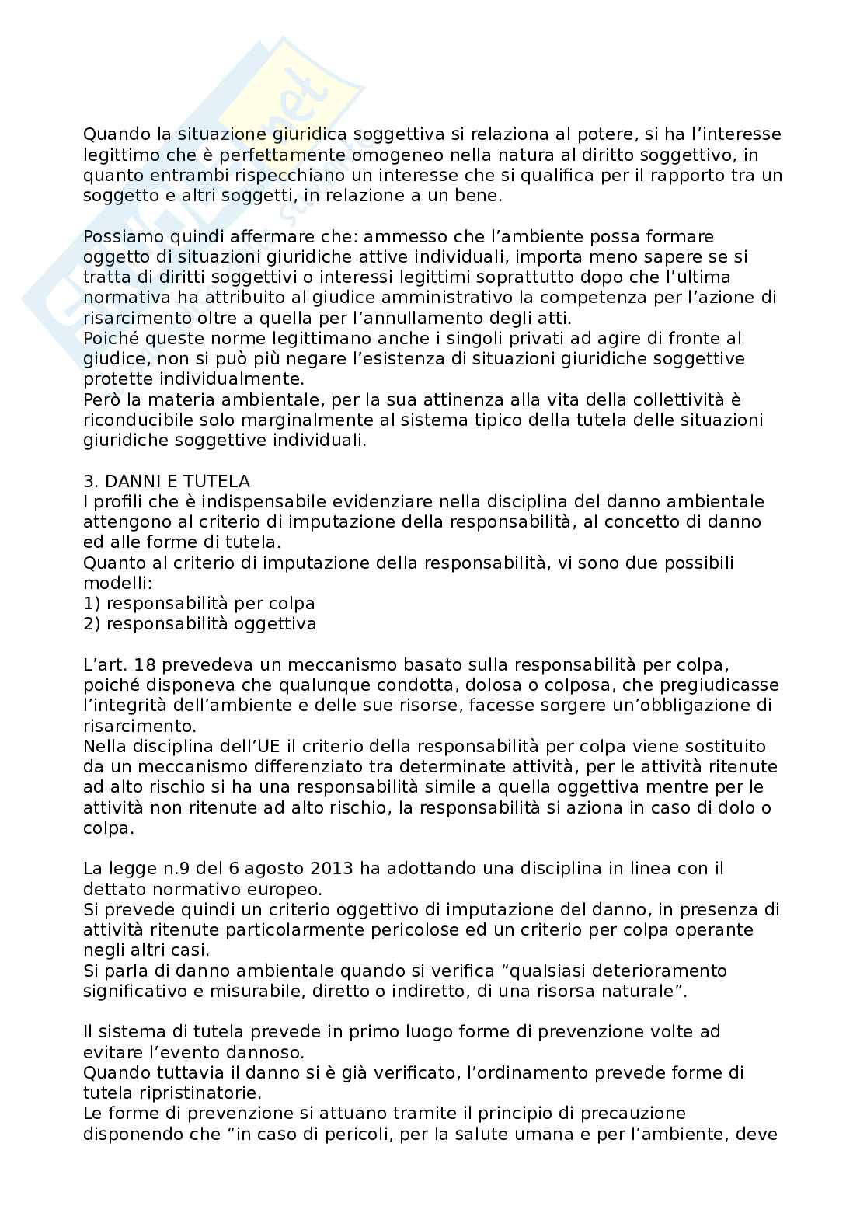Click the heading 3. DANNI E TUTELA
[x=166, y=481]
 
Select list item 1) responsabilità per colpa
[x=199, y=604]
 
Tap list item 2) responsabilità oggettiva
[x=200, y=624]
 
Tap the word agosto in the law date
[x=260, y=868]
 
